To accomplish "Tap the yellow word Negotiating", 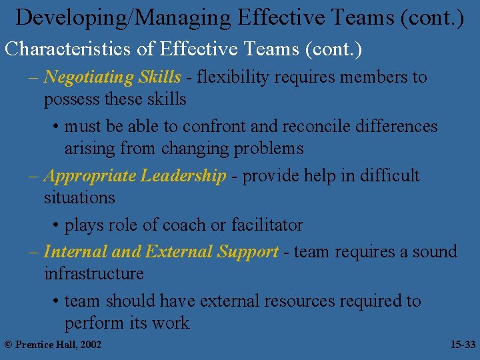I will click(x=89, y=77).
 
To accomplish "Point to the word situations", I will click(x=79, y=198).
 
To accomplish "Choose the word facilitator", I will click(x=266, y=225).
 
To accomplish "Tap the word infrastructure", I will click(x=94, y=274).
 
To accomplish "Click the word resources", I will click(x=299, y=301).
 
